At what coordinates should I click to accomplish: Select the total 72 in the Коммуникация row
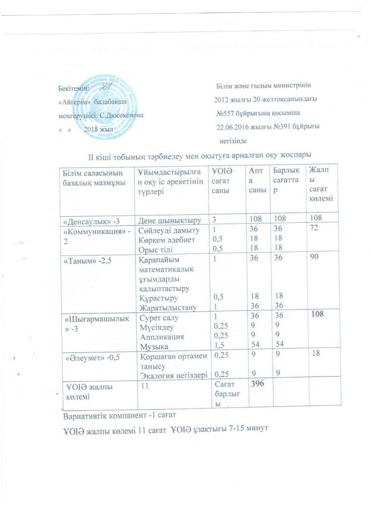(x=314, y=228)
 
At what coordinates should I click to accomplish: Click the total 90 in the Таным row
(x=314, y=256)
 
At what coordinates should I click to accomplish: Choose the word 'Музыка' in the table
(x=154, y=346)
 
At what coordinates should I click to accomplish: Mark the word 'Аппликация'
(x=162, y=337)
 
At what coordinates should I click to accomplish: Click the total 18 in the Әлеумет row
(x=316, y=353)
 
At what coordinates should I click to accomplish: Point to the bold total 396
(x=257, y=384)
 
